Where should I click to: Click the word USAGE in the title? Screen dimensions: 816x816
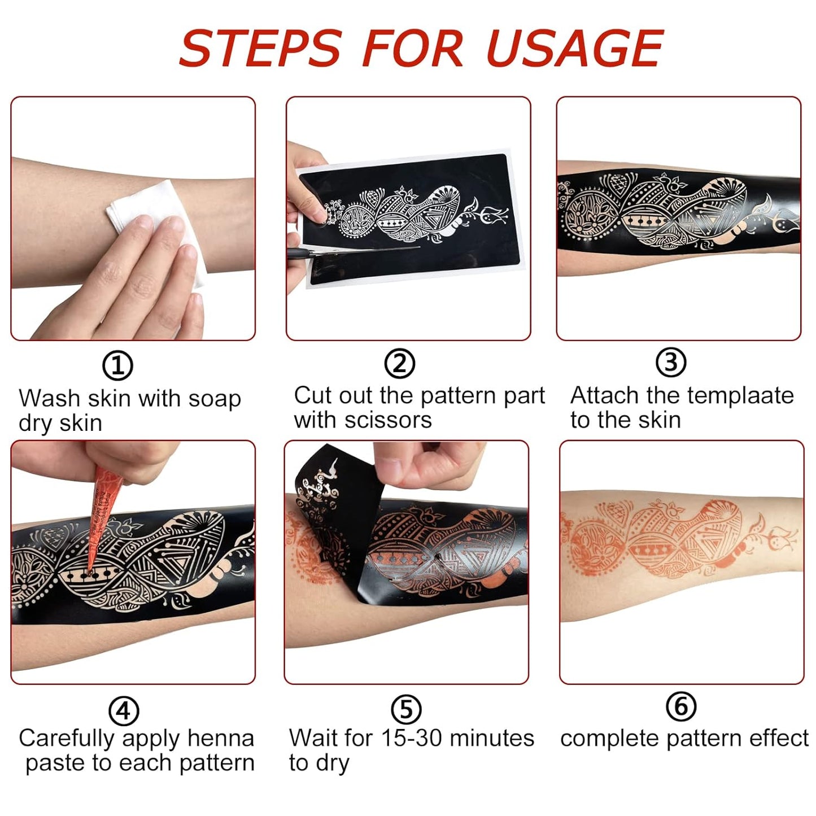click(x=574, y=48)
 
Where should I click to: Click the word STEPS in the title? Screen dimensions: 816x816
click(x=260, y=48)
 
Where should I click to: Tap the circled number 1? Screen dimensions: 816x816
click(x=117, y=366)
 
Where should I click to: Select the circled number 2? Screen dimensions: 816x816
click(x=399, y=363)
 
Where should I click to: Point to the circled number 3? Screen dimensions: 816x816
click(x=671, y=362)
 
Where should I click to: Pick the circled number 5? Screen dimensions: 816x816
click(x=406, y=709)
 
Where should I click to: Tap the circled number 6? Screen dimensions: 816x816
click(x=681, y=706)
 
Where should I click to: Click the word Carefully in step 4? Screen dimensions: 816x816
click(x=67, y=739)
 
